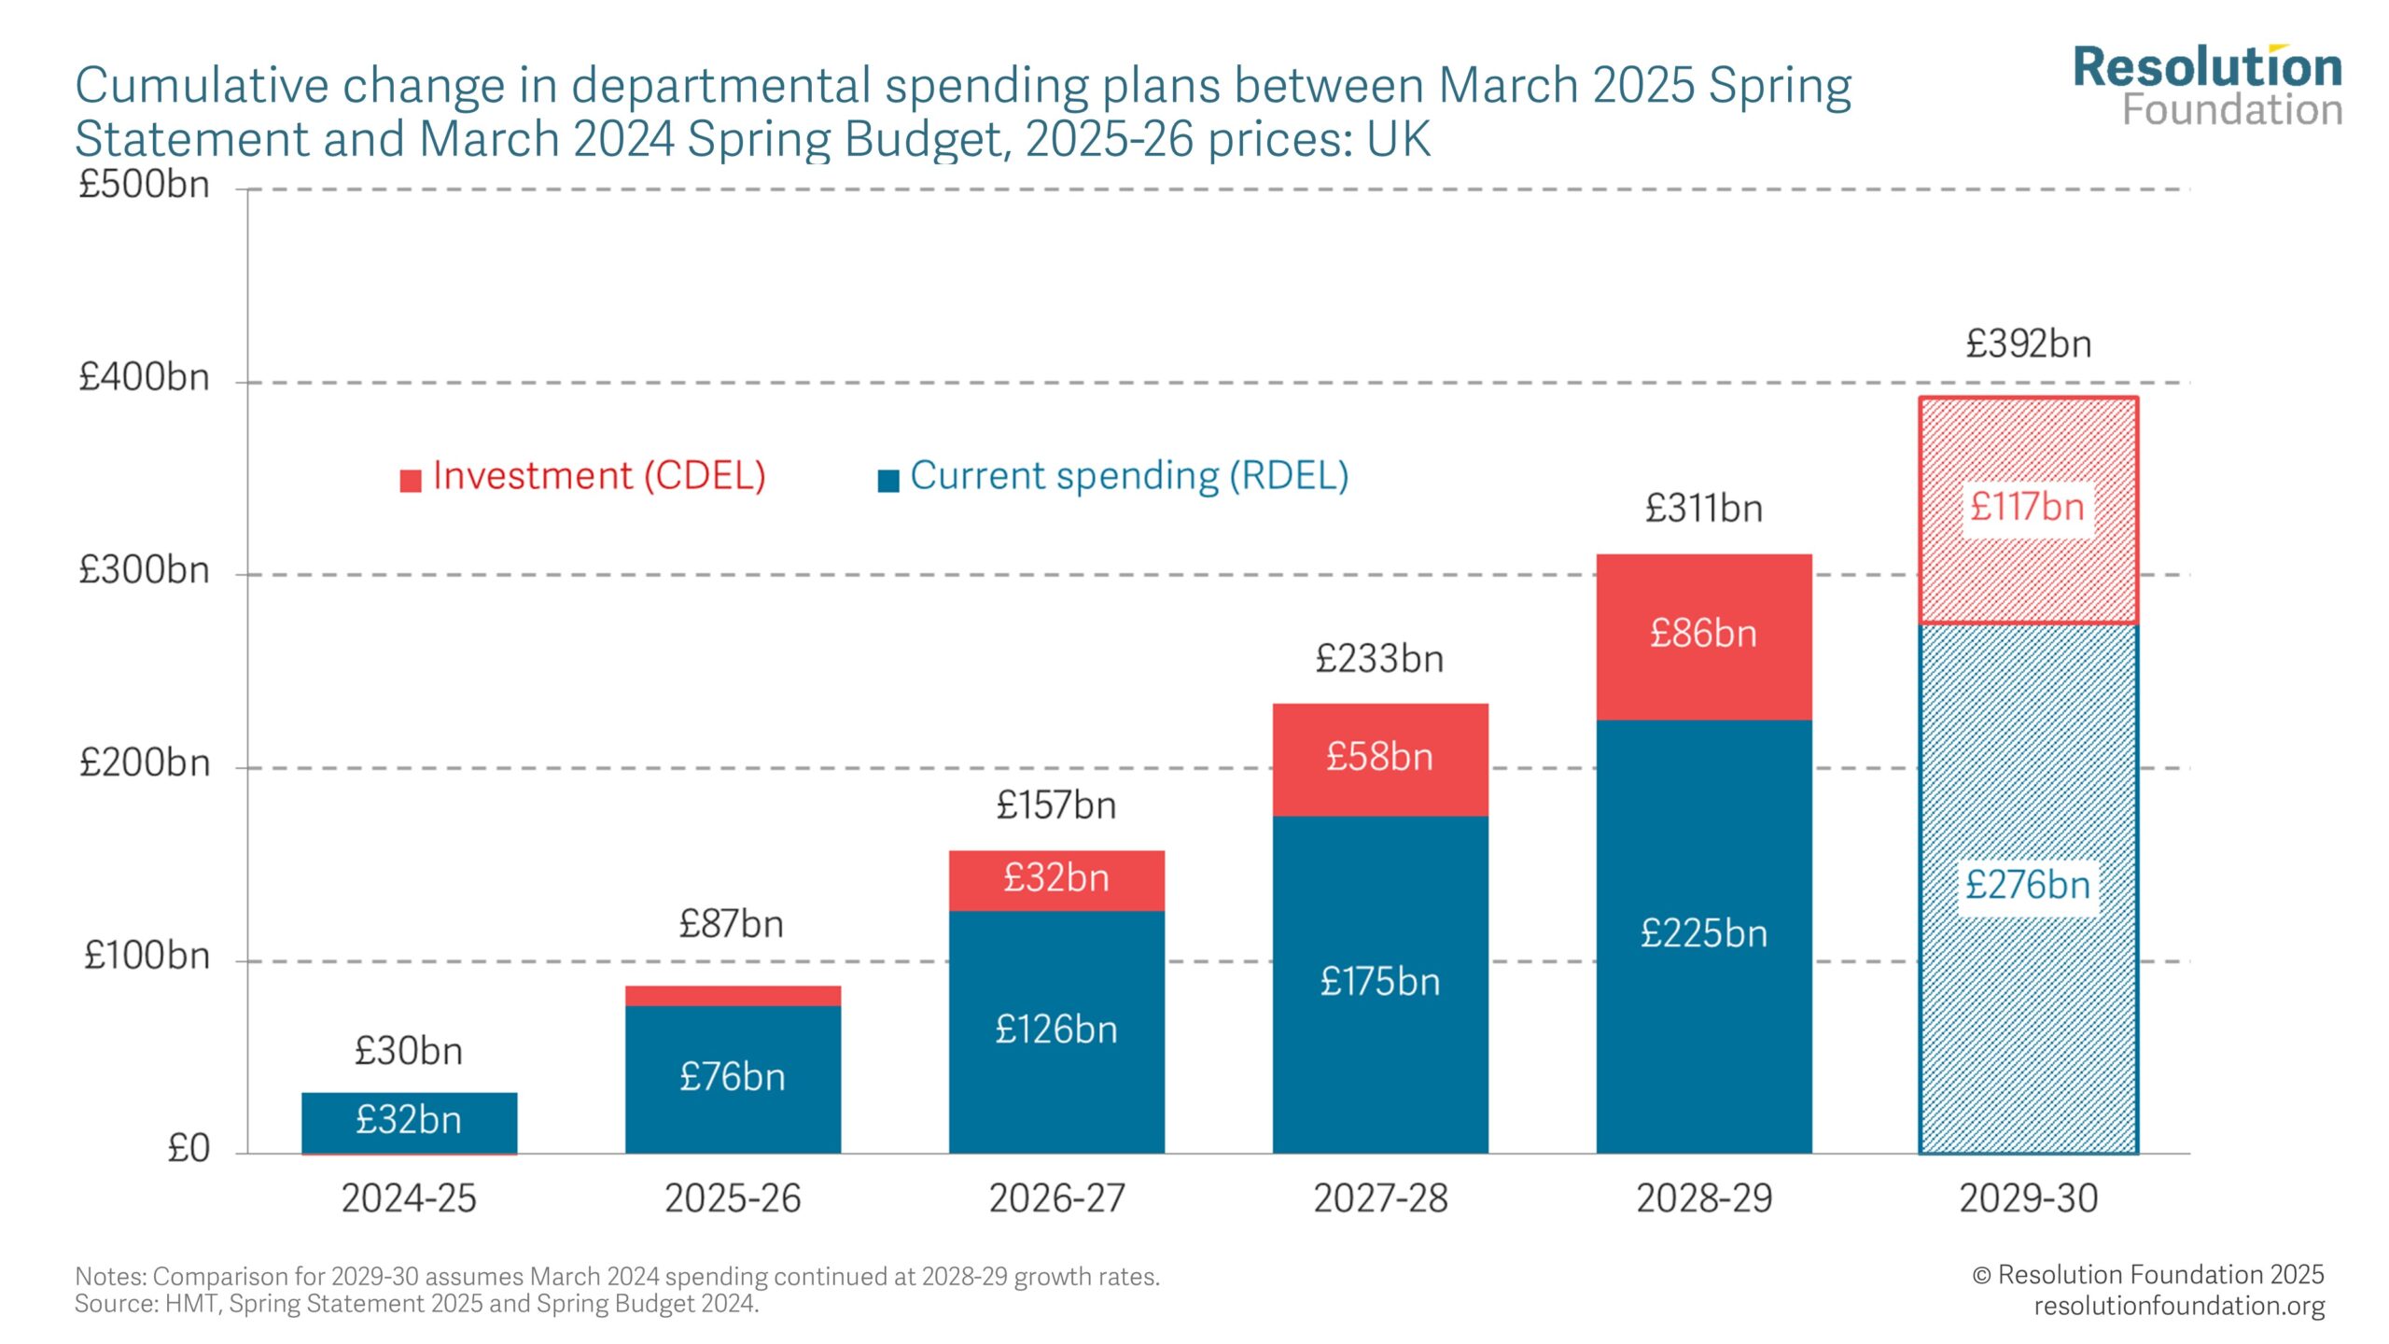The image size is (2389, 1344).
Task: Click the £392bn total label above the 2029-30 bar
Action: coord(2028,344)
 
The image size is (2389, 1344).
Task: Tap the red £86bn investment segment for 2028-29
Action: coord(1703,634)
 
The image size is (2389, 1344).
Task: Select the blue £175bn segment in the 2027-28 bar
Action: coord(1379,982)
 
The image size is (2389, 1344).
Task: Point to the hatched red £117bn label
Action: coord(2027,508)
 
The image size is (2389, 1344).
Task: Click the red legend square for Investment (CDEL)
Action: coord(411,481)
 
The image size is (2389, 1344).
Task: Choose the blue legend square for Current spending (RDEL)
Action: coord(888,481)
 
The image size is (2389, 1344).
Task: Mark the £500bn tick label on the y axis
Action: coord(144,185)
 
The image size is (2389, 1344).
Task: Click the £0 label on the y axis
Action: coord(188,1149)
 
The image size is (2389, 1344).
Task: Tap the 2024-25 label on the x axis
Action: coord(409,1198)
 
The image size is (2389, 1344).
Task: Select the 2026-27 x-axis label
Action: coord(1056,1198)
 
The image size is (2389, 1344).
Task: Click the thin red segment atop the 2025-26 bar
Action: coord(733,996)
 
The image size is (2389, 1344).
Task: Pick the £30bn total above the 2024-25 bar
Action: coord(409,1052)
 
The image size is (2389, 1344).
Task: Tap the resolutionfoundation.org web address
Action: coord(2178,1306)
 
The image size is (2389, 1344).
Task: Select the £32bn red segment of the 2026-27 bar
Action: coord(1056,878)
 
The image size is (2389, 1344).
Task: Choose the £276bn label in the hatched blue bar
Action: coord(2027,885)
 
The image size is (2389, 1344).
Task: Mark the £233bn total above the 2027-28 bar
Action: coord(1379,660)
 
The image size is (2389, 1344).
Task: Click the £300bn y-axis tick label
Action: coord(144,570)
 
